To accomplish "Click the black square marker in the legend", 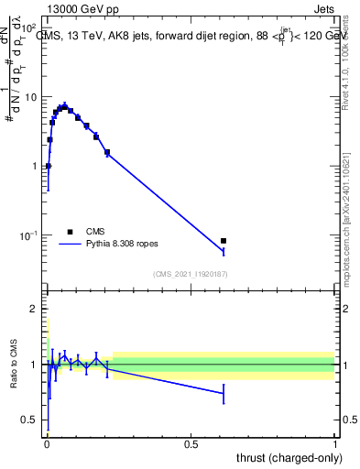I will click(x=71, y=232).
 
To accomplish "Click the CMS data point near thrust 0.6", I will click(x=224, y=241).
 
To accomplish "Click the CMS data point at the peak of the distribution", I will click(x=63, y=106).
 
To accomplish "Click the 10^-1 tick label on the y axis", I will click(x=30, y=235).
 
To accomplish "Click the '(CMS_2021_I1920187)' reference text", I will click(x=191, y=273).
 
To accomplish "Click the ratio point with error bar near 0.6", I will click(x=224, y=394).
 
